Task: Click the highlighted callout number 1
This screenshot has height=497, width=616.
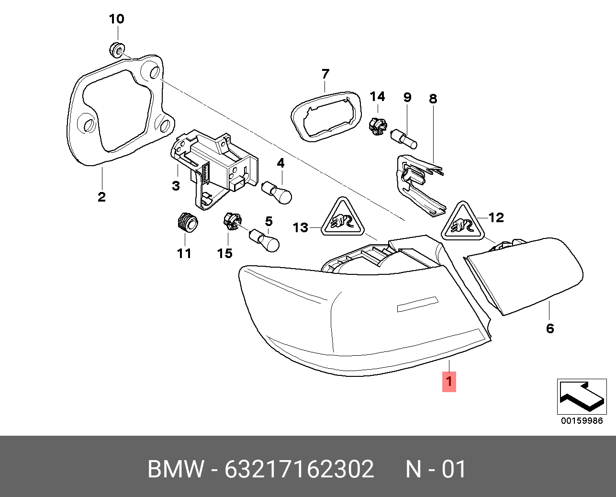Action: pos(449,382)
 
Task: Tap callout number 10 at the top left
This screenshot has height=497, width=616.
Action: pos(116,19)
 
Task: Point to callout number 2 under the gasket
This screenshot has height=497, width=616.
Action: pos(101,197)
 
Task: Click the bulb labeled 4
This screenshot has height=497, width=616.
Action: pos(278,192)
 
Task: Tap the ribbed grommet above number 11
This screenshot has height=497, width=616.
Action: pos(186,223)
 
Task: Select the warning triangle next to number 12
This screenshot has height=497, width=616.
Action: pos(462,222)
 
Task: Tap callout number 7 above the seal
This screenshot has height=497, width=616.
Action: pos(325,74)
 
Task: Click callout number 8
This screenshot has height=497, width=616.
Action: pos(433,99)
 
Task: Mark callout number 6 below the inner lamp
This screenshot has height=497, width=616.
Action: pos(550,328)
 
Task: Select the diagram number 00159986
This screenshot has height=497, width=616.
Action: pos(582,421)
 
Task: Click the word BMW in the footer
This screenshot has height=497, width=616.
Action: pos(176,469)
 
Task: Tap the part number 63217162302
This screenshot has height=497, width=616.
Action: pos(299,469)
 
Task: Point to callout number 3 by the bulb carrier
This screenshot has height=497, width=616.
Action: pos(176,186)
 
